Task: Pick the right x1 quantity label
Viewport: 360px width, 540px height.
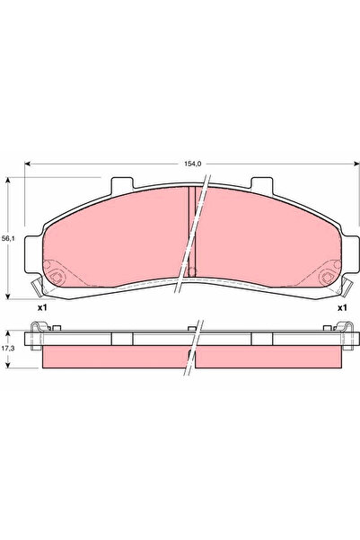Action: pyautogui.click(x=342, y=308)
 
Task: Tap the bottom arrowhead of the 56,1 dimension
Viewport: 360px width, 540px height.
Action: pyautogui.click(x=9, y=296)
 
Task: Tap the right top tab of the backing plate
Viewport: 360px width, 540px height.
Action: pyautogui.click(x=261, y=185)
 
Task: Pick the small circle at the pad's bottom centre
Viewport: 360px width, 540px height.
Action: pyautogui.click(x=189, y=271)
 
